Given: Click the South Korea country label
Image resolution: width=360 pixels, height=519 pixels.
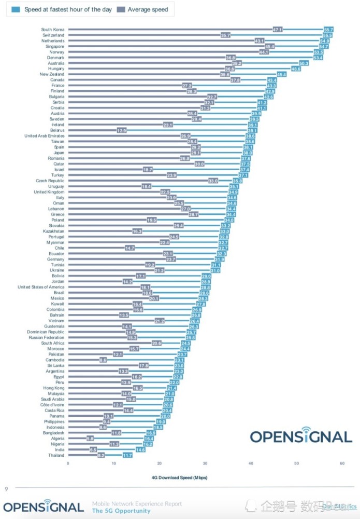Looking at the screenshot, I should point(53,30).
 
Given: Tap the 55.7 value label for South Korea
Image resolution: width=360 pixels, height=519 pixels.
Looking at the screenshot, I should point(328,30).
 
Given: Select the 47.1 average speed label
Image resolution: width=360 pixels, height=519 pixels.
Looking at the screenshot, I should point(278,30).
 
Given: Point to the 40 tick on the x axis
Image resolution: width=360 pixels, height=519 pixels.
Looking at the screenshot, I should point(251,463).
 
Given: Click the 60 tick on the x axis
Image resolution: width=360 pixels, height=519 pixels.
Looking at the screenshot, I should point(342,463).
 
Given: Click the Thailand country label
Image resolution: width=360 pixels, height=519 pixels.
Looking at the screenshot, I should point(56,455).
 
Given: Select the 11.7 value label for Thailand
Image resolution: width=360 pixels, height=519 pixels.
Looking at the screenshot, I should point(127,455).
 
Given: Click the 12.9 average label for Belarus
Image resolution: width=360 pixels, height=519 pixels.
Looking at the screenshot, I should point(122,130).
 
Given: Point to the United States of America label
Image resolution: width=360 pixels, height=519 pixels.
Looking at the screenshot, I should point(41,287).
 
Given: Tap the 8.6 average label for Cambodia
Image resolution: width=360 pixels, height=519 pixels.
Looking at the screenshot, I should point(103,360).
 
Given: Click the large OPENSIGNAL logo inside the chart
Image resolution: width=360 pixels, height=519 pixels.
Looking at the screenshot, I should point(301,435).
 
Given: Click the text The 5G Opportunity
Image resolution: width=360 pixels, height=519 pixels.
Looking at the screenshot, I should point(121,511).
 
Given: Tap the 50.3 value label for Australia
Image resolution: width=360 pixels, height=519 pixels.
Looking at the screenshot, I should point(304,63).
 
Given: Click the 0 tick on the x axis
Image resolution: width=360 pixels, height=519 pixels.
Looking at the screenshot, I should point(68,463).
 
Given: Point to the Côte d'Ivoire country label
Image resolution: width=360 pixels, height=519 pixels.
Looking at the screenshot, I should point(52,405).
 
